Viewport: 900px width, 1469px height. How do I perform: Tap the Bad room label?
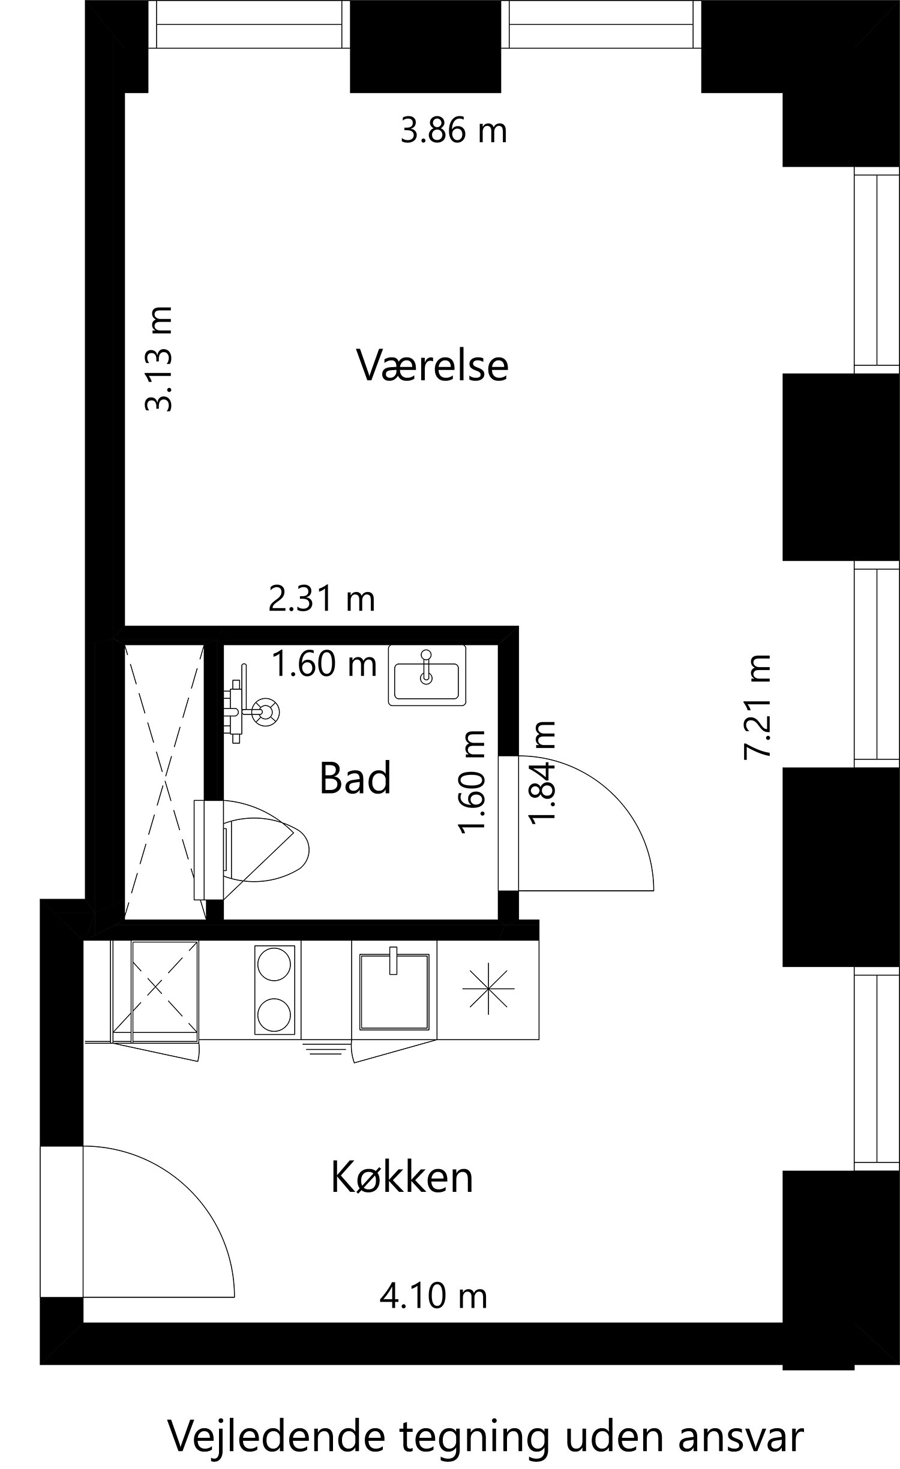[355, 778]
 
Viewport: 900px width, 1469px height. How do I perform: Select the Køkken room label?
[402, 1177]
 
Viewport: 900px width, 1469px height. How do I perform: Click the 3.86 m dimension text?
[454, 130]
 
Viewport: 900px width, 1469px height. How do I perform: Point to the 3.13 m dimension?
[160, 359]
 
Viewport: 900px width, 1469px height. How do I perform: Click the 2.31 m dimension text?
[322, 599]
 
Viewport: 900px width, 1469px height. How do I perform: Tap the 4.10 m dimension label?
[433, 1296]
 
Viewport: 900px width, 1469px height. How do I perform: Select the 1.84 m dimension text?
[542, 773]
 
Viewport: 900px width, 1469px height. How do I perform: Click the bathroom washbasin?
[427, 675]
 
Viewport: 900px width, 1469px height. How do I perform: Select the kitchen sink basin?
[394, 990]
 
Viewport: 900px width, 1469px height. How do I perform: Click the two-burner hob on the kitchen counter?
[275, 989]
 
